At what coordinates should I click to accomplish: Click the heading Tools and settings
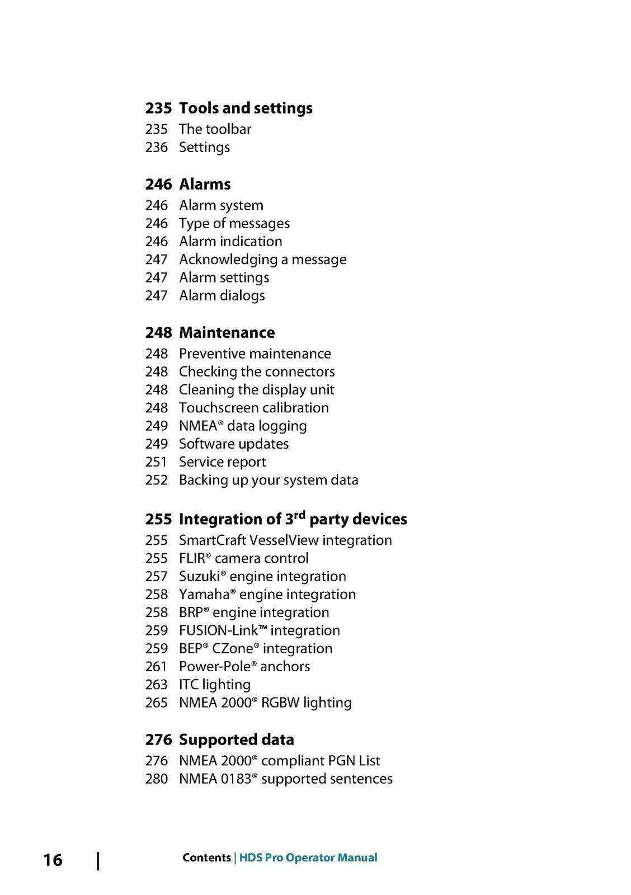point(246,108)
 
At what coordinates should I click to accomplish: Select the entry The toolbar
point(215,129)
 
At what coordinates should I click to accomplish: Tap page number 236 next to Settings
point(156,148)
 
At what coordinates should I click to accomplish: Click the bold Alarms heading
point(205,184)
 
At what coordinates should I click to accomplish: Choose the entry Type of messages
point(234,224)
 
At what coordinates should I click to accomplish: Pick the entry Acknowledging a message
point(262,260)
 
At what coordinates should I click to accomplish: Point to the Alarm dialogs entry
point(222,296)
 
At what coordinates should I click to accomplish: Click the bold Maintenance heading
point(227,333)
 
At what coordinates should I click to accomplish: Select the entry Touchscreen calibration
point(253,408)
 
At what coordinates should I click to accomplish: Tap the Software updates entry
point(233,444)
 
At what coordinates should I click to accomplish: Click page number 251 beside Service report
point(156,462)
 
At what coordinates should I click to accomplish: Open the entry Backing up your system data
point(269,480)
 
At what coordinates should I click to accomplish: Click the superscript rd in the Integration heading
point(300,515)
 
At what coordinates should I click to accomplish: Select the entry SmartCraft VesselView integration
point(285,540)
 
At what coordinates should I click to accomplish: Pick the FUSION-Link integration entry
point(259,630)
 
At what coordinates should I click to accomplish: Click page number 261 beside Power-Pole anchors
point(156,667)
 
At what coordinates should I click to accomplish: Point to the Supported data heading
point(236,739)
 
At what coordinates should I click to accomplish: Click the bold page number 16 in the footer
point(53,860)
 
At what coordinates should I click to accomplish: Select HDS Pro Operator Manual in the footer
point(308,858)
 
